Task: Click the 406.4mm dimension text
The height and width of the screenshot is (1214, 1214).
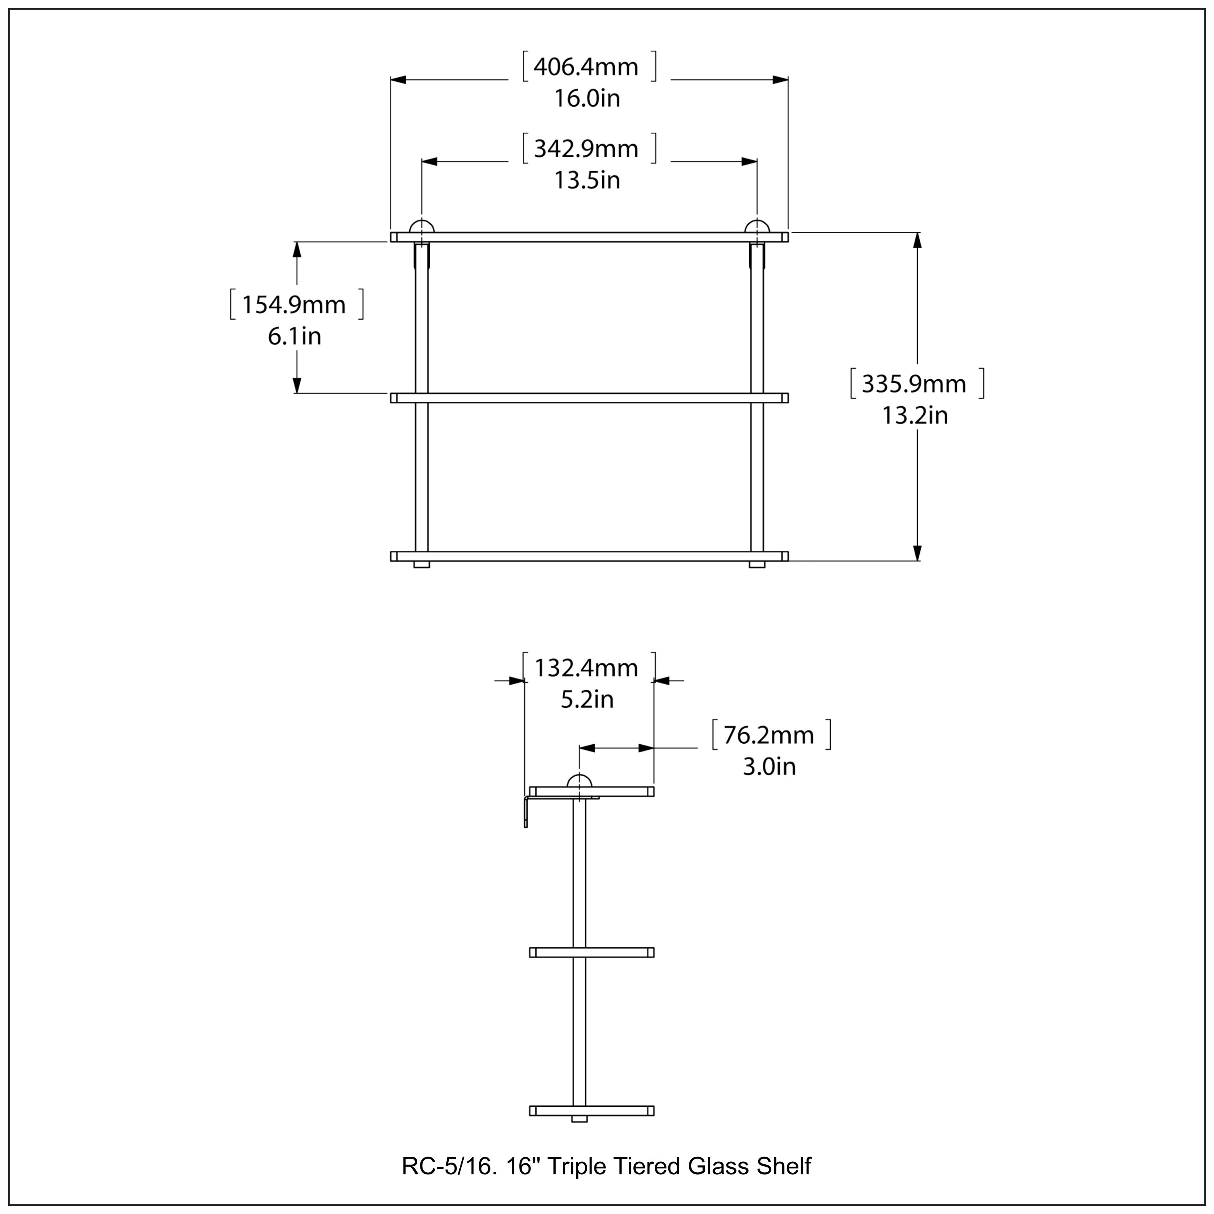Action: coord(586,67)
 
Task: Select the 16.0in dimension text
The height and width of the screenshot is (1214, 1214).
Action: coord(587,99)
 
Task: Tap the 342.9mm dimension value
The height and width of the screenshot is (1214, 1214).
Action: coord(586,149)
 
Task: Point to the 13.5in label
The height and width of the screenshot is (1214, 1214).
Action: coord(587,180)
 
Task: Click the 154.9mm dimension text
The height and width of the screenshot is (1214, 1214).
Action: coord(293,305)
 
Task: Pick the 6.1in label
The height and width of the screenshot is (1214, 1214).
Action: coord(294,336)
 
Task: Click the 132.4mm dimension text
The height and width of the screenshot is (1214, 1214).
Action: coord(586,668)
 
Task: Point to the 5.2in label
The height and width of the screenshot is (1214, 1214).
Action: coord(587,699)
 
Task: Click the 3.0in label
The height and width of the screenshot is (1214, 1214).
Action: coord(769,766)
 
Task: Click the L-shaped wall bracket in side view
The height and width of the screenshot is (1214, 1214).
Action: coord(526,811)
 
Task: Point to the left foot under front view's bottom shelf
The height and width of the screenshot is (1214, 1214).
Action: coord(422,564)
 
